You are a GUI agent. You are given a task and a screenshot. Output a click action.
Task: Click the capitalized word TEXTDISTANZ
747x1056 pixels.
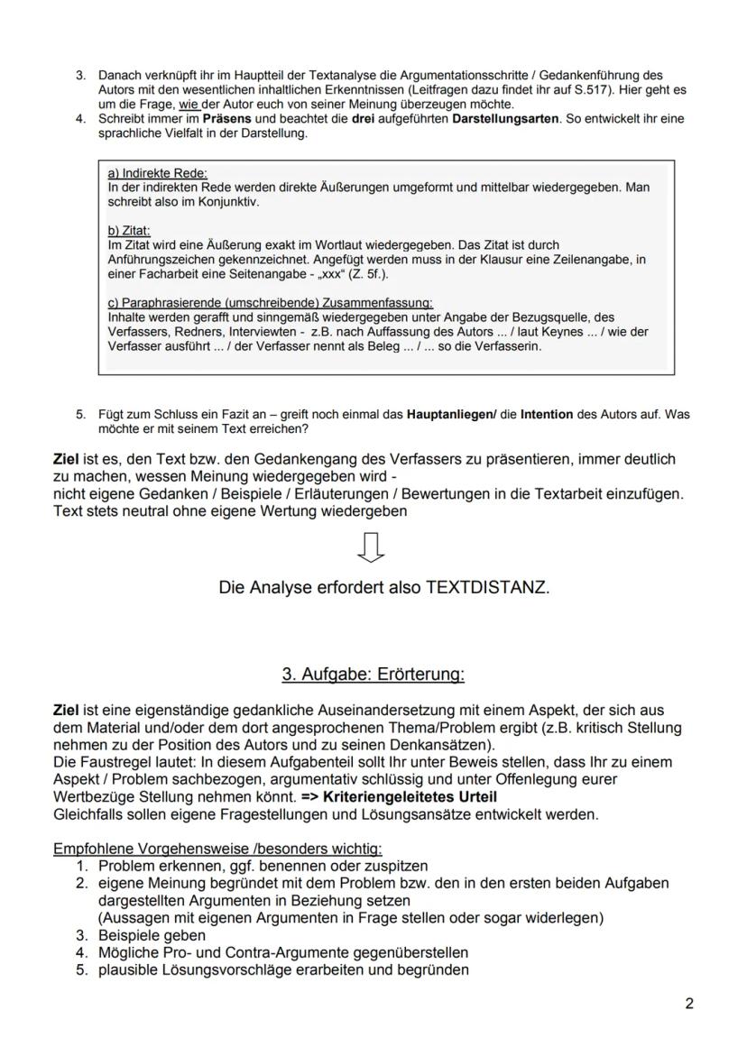pyautogui.click(x=486, y=587)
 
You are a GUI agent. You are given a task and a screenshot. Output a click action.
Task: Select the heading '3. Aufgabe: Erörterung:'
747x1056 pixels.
pyautogui.click(x=373, y=674)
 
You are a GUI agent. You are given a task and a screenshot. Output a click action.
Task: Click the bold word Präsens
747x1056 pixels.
pyautogui.click(x=226, y=119)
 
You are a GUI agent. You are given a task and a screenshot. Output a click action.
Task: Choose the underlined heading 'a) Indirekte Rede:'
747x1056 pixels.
pyautogui.click(x=157, y=173)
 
